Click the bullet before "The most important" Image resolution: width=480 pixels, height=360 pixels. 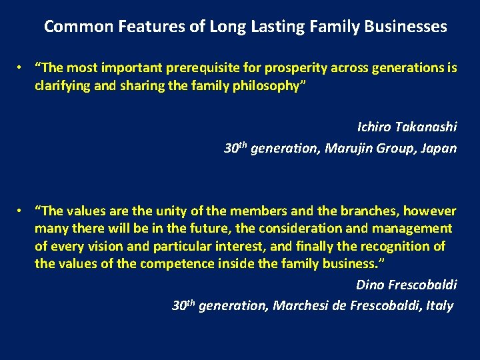click(21, 68)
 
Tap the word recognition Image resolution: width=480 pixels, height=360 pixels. click(395, 246)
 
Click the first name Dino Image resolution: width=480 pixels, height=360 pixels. click(371, 285)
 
